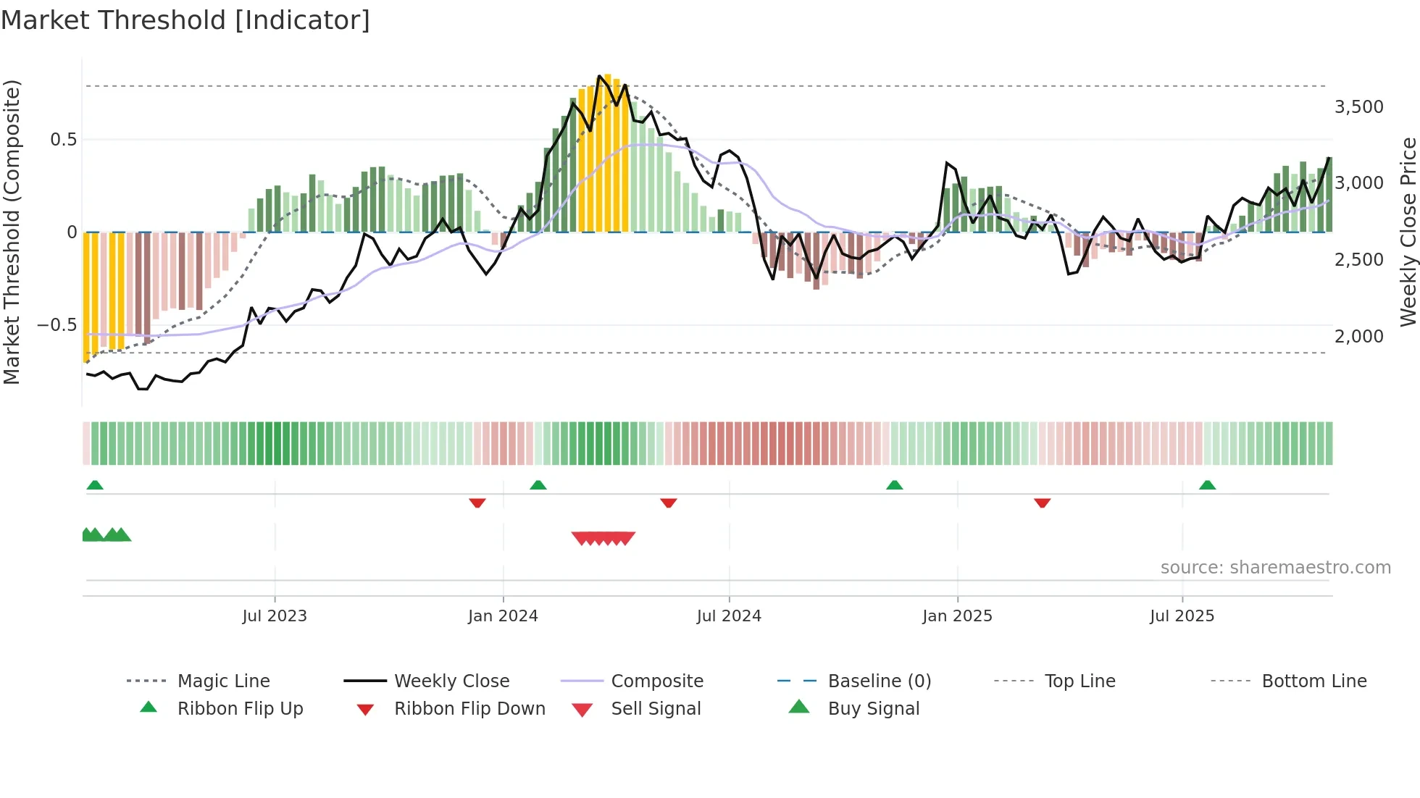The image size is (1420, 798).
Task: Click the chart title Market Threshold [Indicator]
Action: pyautogui.click(x=185, y=20)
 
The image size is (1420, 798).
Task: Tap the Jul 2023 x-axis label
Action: pyautogui.click(x=275, y=616)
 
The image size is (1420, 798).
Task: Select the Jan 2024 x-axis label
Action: pyautogui.click(x=503, y=616)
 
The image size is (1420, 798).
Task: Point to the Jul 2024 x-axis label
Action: pyautogui.click(x=729, y=616)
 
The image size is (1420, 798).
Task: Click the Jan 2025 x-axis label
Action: pyautogui.click(x=957, y=616)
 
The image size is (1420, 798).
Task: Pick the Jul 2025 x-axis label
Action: pyautogui.click(x=1182, y=616)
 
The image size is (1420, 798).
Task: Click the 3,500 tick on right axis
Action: pyautogui.click(x=1358, y=107)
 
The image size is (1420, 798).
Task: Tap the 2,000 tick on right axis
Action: pyautogui.click(x=1358, y=337)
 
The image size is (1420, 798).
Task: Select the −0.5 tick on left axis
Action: pyautogui.click(x=57, y=325)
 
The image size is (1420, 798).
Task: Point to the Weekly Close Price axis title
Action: pyautogui.click(x=1408, y=232)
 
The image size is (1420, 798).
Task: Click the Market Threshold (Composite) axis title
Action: pyautogui.click(x=12, y=232)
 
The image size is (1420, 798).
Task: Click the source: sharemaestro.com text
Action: pyautogui.click(x=1275, y=568)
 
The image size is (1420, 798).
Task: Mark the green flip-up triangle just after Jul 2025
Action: pyautogui.click(x=1207, y=485)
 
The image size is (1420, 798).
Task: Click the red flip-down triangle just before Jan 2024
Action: pyautogui.click(x=477, y=503)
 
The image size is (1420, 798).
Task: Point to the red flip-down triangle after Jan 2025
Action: pyautogui.click(x=1042, y=503)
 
